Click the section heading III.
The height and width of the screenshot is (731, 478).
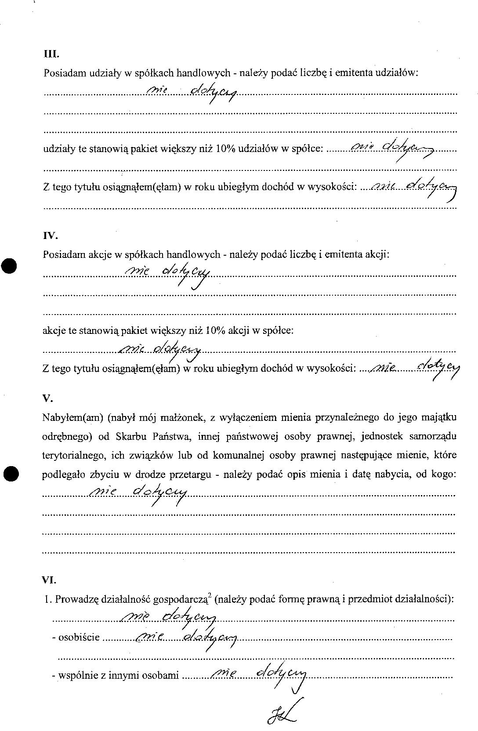pos(51,55)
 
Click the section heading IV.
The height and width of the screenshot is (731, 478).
pos(51,236)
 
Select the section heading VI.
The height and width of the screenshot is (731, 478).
pos(49,579)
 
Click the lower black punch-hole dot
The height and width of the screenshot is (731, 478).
pos(11,474)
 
